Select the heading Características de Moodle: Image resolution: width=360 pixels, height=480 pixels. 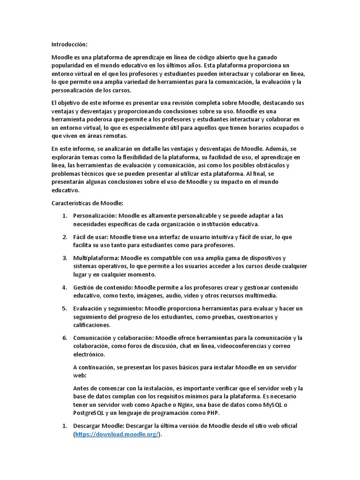(x=87, y=203)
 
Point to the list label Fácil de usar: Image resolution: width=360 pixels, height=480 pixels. (x=91, y=237)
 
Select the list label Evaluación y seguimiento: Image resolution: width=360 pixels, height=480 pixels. (x=108, y=308)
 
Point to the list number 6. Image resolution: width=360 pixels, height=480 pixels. (x=65, y=338)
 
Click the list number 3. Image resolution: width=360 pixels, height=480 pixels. (x=65, y=258)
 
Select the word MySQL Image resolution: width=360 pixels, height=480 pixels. (x=276, y=405)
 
